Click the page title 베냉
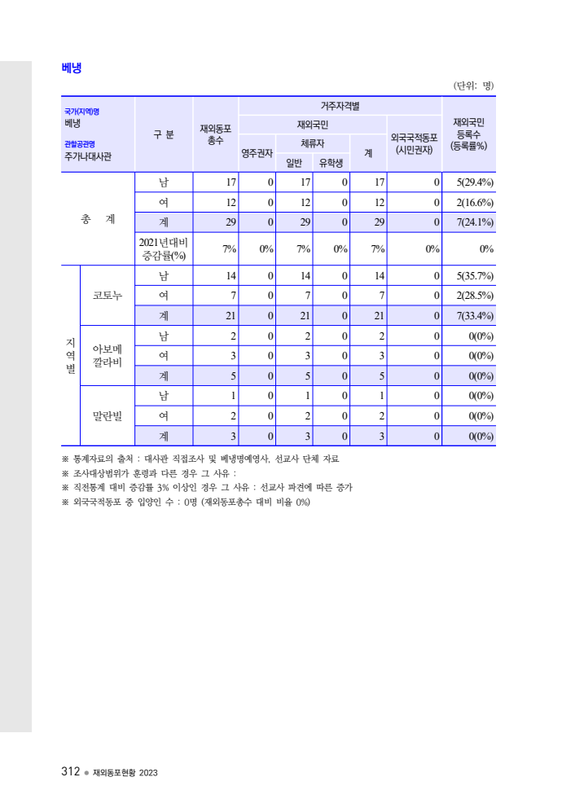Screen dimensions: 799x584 pyautogui.click(x=71, y=68)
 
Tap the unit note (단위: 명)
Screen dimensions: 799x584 pyautogui.click(x=473, y=86)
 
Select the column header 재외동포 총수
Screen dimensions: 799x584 pyautogui.click(x=215, y=134)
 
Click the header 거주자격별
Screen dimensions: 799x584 pyautogui.click(x=340, y=106)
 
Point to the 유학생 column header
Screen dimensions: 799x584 pyautogui.click(x=330, y=163)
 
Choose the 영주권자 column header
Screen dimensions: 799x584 pyautogui.click(x=257, y=152)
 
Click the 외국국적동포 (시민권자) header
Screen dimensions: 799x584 pyautogui.click(x=414, y=143)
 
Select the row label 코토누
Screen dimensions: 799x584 pyautogui.click(x=107, y=296)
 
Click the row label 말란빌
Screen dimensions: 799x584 pyautogui.click(x=107, y=416)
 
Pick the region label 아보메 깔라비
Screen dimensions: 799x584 pyautogui.click(x=107, y=356)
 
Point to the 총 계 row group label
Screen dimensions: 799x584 pyautogui.click(x=98, y=220)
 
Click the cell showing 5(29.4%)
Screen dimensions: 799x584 pyautogui.click(x=471, y=182)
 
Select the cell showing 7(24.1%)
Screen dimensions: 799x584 pyautogui.click(x=471, y=222)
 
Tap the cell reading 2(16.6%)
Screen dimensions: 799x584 pyautogui.click(x=471, y=202)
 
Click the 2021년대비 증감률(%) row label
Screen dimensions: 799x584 pyautogui.click(x=163, y=248)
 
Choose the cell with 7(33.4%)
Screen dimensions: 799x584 pyautogui.click(x=471, y=316)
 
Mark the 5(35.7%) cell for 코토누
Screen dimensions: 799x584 pyautogui.click(x=471, y=276)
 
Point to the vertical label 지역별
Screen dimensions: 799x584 pyautogui.click(x=70, y=356)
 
